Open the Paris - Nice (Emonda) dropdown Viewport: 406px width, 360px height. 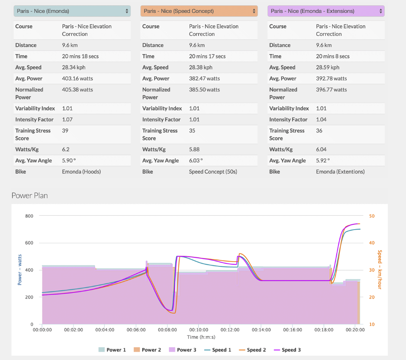(72, 11)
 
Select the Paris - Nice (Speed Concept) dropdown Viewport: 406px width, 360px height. (199, 11)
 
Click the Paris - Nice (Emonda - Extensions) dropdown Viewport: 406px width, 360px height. (325, 11)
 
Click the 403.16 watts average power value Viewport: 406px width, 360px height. (77, 79)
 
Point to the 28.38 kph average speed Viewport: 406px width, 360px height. (201, 68)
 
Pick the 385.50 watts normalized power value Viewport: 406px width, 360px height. (204, 90)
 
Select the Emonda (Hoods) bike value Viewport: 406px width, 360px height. (81, 172)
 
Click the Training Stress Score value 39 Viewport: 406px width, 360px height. (65, 131)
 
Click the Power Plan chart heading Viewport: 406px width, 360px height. (29, 196)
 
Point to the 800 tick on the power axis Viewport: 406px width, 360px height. (29, 216)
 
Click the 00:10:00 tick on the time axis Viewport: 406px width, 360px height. (198, 330)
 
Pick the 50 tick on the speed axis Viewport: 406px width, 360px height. (372, 216)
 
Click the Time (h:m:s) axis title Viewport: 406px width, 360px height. (201, 337)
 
